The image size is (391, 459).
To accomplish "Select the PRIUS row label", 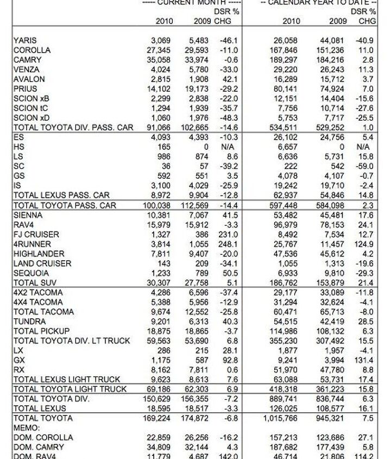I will [24, 89].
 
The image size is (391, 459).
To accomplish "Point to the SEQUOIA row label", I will [31, 273].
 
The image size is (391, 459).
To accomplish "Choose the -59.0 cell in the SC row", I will [364, 167].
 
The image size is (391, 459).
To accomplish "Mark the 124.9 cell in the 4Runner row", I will [364, 244].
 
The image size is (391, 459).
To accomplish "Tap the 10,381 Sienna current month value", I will [163, 215].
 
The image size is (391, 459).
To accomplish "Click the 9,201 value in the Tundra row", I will [165, 322].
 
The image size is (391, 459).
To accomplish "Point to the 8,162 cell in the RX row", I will [165, 370].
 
